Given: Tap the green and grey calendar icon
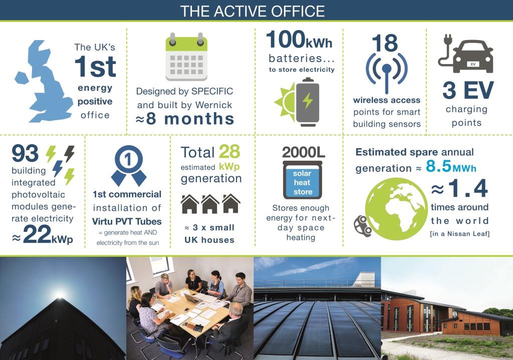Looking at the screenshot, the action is click(186, 57).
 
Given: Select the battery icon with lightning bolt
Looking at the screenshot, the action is click(307, 102).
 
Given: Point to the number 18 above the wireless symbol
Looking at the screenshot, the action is click(385, 43).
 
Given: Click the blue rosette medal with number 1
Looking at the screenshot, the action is click(129, 165).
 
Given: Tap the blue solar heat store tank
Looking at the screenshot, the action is click(303, 180).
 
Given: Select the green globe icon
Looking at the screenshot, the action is click(396, 209).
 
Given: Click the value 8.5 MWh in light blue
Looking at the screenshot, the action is click(451, 166).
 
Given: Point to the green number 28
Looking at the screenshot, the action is click(229, 152).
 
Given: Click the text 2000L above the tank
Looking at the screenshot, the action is click(303, 152).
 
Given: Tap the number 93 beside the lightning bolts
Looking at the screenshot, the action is click(25, 153).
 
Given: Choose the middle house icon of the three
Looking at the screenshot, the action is click(210, 204).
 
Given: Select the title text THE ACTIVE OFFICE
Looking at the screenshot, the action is click(252, 11).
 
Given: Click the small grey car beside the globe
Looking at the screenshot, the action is click(363, 226).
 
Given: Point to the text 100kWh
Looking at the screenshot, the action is click(299, 40).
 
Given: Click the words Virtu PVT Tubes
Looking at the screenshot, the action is click(127, 221).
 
